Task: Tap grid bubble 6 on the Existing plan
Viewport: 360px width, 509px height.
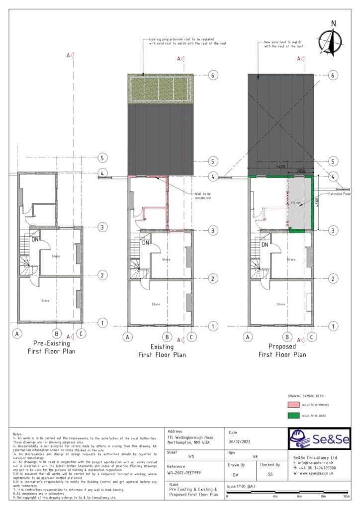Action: pyautogui.click(x=213, y=76)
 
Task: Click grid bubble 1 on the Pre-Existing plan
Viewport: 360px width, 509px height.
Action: pyautogui.click(x=102, y=323)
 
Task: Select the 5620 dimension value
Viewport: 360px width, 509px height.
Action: pyautogui.click(x=280, y=168)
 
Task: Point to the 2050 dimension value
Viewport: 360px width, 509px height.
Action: pyautogui.click(x=300, y=171)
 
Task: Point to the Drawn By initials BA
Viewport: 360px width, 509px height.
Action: pyautogui.click(x=236, y=474)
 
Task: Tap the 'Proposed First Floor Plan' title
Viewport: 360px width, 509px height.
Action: pyautogui.click(x=282, y=350)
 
